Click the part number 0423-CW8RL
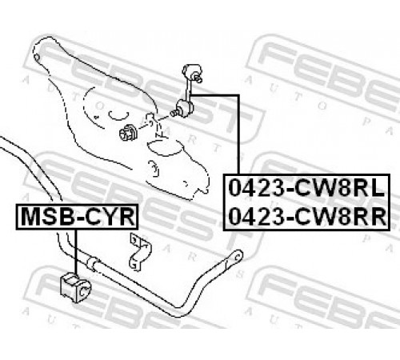click(x=306, y=188)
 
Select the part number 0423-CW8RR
click(x=307, y=217)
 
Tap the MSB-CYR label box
click(x=77, y=217)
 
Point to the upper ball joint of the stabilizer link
click(x=192, y=72)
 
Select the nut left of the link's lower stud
click(x=128, y=132)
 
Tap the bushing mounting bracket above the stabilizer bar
click(x=140, y=252)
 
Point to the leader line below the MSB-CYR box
click(x=76, y=252)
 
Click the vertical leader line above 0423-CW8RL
click(x=238, y=134)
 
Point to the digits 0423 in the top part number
click(x=257, y=188)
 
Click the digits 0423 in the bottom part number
click(x=257, y=217)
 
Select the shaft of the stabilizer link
click(x=189, y=90)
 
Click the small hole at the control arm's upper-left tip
click(x=37, y=57)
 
